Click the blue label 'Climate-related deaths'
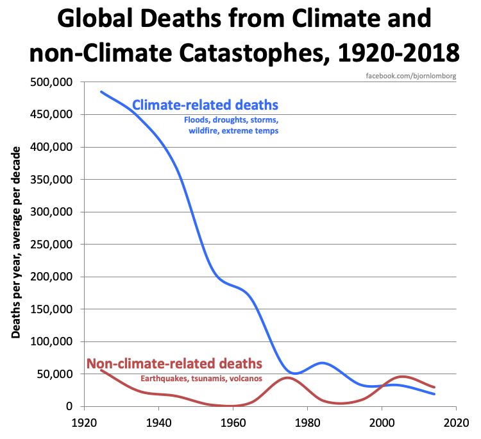click(x=205, y=105)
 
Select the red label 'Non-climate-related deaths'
click(x=174, y=364)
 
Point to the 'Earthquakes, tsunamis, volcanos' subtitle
click(x=201, y=378)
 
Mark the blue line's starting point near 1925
click(x=101, y=92)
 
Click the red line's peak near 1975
click(x=288, y=377)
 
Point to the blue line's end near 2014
click(x=434, y=393)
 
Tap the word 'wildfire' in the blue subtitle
click(x=205, y=131)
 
